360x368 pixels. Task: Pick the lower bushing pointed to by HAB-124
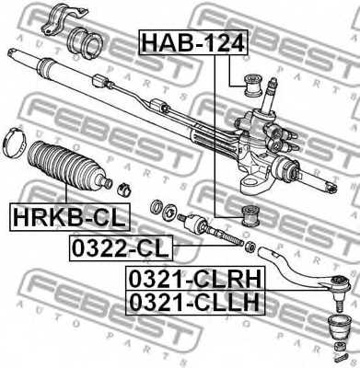pos(250,217)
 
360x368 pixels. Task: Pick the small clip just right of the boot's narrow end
pos(127,190)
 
